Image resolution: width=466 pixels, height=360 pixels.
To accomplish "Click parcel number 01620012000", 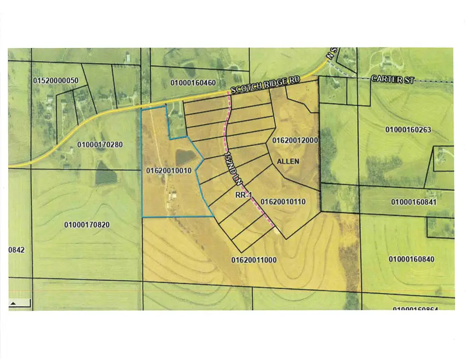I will (295, 140).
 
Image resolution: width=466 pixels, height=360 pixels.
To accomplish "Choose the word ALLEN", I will (288, 162).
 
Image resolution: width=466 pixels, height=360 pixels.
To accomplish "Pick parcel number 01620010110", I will (283, 201).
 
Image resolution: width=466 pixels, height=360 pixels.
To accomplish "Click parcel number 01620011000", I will (255, 258).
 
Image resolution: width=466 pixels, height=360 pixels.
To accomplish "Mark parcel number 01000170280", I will (99, 145).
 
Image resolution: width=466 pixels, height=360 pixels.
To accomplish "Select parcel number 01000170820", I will (87, 224).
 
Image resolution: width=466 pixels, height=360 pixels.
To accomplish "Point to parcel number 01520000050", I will (55, 81).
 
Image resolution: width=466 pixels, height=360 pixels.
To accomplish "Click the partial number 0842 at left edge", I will (17, 250).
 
